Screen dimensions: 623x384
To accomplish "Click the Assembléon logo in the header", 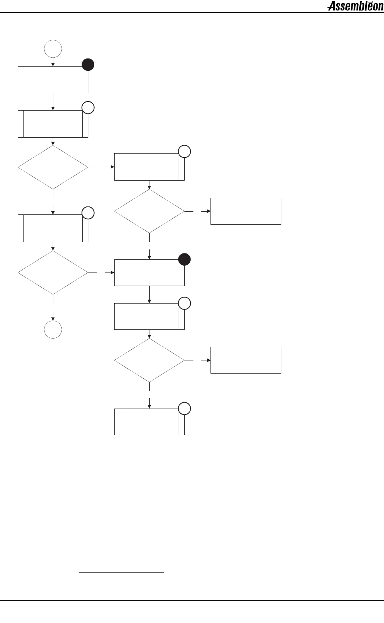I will click(355, 6).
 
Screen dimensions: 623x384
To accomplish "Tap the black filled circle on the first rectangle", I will click(88, 65).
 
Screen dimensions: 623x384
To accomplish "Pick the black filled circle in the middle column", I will click(184, 260).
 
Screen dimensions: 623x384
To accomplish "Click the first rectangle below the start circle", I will click(53, 80).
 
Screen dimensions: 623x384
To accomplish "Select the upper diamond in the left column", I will click(53, 167).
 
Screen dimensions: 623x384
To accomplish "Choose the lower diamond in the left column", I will click(53, 273).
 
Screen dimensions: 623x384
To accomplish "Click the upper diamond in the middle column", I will click(149, 211).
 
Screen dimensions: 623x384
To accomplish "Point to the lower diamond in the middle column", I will click(149, 360).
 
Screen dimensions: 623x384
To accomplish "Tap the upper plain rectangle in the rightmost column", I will click(246, 211).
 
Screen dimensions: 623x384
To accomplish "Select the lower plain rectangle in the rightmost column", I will click(246, 360).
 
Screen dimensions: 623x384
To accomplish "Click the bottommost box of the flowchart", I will click(149, 422).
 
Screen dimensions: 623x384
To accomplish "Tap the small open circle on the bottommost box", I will click(184, 409).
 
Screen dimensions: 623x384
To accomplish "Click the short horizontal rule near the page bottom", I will click(121, 572).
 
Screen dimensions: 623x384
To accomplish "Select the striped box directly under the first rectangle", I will click(53, 124).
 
